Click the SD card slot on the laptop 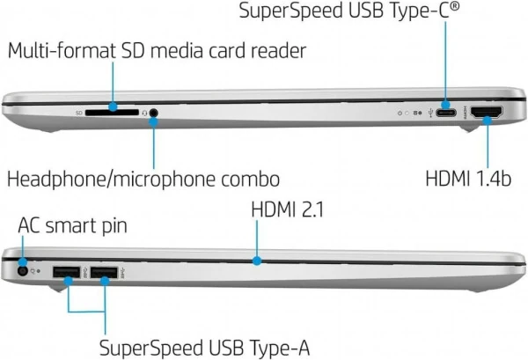(114, 113)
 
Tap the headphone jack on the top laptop (154, 113)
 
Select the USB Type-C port (446, 114)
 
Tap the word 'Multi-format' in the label (60, 50)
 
